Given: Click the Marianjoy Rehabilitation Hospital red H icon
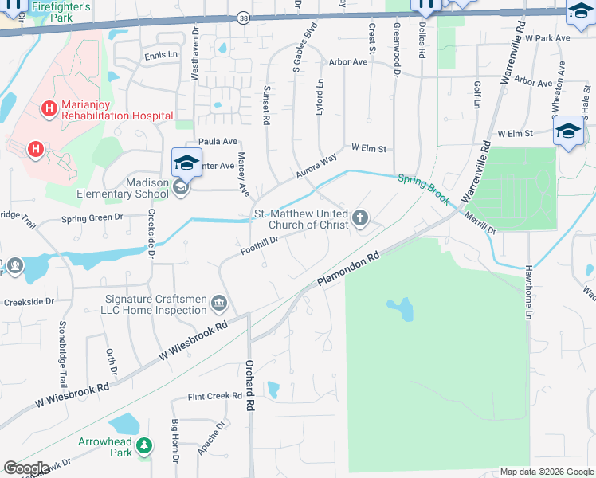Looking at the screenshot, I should pos(50,108).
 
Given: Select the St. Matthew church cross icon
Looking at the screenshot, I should pos(361,217).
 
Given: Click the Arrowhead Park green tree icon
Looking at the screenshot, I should pos(144,446).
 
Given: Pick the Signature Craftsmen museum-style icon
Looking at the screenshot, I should pos(219,304).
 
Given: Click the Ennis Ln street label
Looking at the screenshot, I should pos(161,55).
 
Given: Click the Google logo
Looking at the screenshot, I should pos(26,468).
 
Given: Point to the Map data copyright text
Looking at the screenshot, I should pos(546,472).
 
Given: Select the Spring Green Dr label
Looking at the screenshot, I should pos(92,217).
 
